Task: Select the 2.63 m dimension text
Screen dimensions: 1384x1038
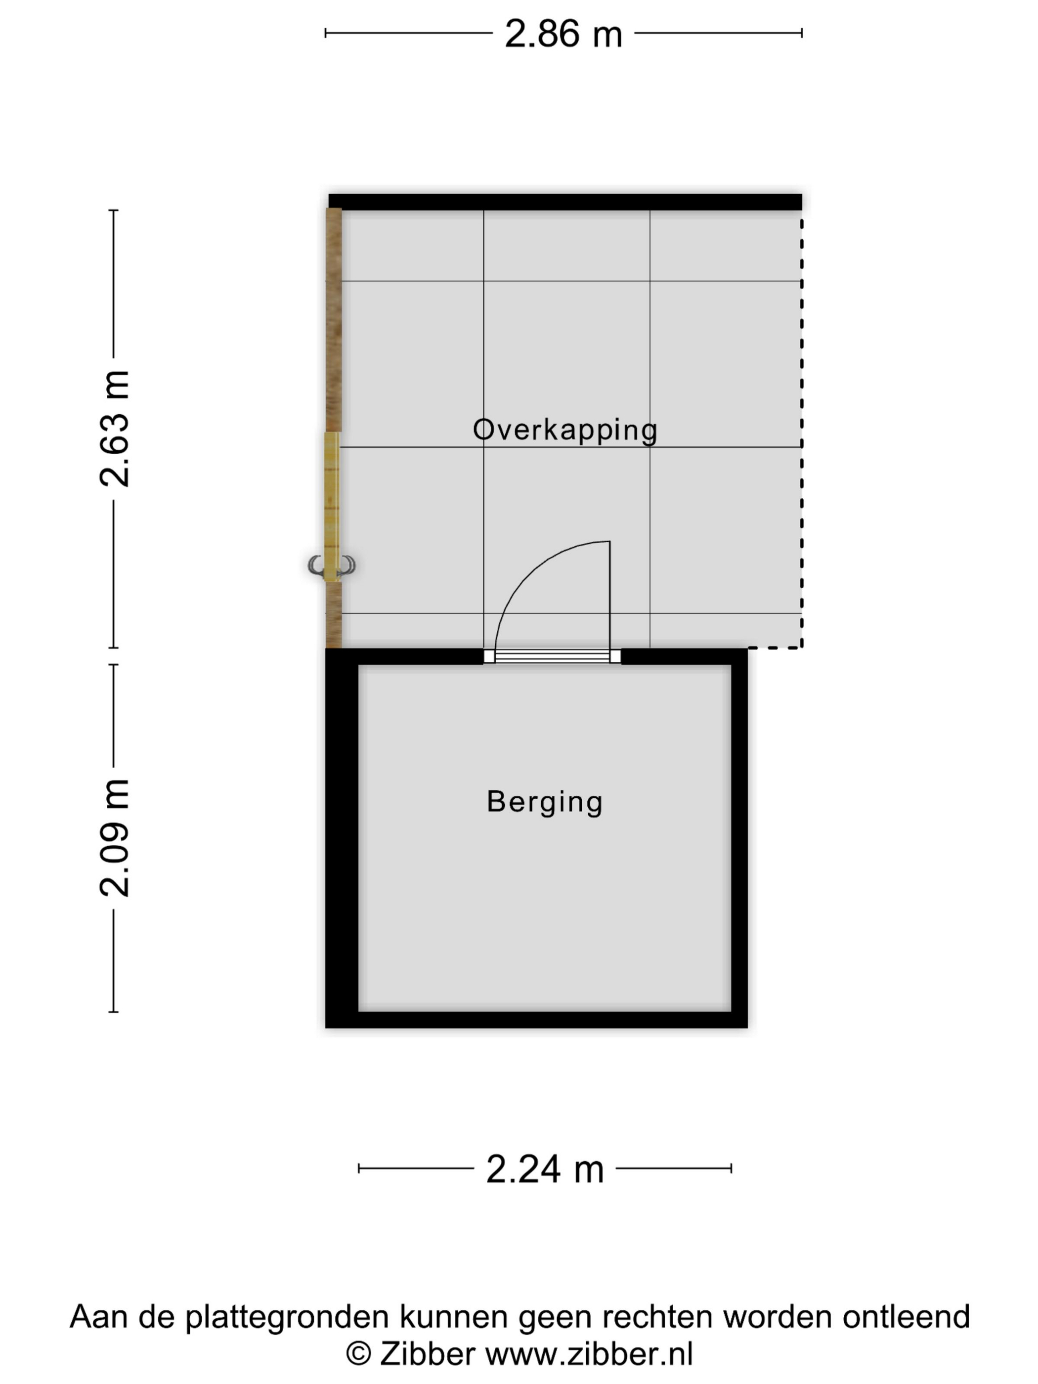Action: coord(115,429)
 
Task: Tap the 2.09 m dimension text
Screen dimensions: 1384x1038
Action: coord(115,838)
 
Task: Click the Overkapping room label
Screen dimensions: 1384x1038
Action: coord(565,431)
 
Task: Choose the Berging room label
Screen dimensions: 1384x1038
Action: coord(544,802)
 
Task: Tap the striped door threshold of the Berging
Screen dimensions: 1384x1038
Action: coord(552,656)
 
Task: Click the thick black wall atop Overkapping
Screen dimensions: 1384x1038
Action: coord(565,202)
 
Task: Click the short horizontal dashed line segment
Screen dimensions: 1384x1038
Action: coord(775,648)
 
